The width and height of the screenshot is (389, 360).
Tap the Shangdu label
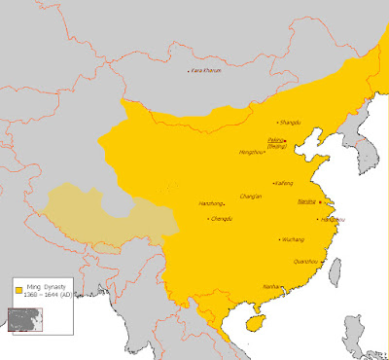point(289,123)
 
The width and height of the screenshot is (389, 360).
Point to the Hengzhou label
point(252,153)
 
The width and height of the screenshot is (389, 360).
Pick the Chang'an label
point(251,196)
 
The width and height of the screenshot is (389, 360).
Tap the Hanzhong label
point(211,203)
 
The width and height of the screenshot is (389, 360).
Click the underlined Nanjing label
point(306,201)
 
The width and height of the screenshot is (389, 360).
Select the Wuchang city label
point(293,238)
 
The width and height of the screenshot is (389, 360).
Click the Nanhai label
point(272,287)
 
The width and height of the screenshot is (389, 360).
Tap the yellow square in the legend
point(18,291)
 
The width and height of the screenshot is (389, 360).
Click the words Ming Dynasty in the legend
point(47,287)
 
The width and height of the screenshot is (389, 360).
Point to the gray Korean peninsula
point(342,156)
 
